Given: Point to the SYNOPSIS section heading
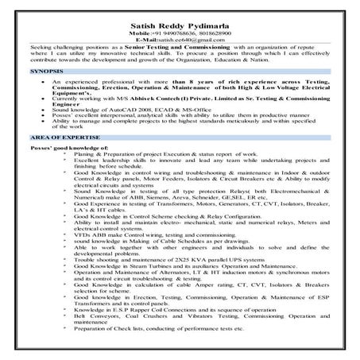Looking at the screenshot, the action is click(25, 72).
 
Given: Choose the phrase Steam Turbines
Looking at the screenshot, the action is click(149, 265).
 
